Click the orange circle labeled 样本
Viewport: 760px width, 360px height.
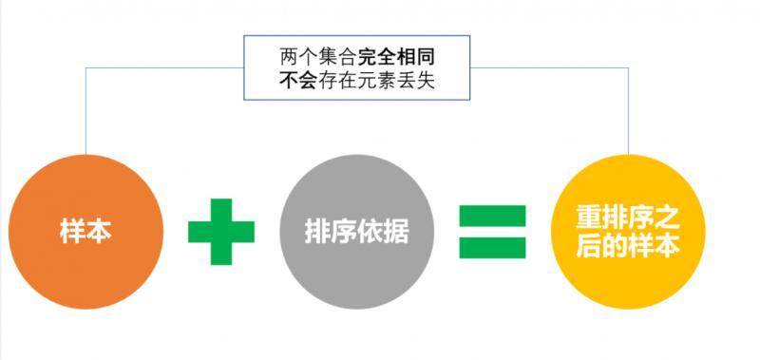click(x=85, y=232)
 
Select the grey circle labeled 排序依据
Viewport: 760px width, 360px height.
click(x=357, y=232)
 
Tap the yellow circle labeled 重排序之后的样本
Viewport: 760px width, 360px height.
click(x=628, y=232)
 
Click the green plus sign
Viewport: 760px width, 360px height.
click(x=221, y=232)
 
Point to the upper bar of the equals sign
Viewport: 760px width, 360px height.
click(x=492, y=217)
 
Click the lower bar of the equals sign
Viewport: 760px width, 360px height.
click(x=492, y=248)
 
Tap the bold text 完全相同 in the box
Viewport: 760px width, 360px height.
click(x=396, y=58)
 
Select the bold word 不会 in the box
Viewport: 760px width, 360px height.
click(x=298, y=81)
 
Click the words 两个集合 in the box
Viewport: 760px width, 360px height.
click(x=318, y=58)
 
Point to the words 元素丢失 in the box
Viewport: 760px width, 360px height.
click(x=396, y=81)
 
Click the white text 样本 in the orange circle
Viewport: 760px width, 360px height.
click(x=85, y=232)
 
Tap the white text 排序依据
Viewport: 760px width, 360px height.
click(x=357, y=232)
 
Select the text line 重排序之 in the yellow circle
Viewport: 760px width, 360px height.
click(x=628, y=218)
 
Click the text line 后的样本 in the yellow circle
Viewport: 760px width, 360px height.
click(x=628, y=246)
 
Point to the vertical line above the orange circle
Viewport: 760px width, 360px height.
click(x=85, y=111)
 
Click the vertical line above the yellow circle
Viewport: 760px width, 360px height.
click(x=629, y=111)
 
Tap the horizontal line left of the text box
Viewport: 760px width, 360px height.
click(x=164, y=67)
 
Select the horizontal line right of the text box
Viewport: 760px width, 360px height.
click(x=550, y=67)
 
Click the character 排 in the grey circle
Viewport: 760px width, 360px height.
click(x=318, y=232)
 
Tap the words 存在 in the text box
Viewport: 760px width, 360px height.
click(x=337, y=81)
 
